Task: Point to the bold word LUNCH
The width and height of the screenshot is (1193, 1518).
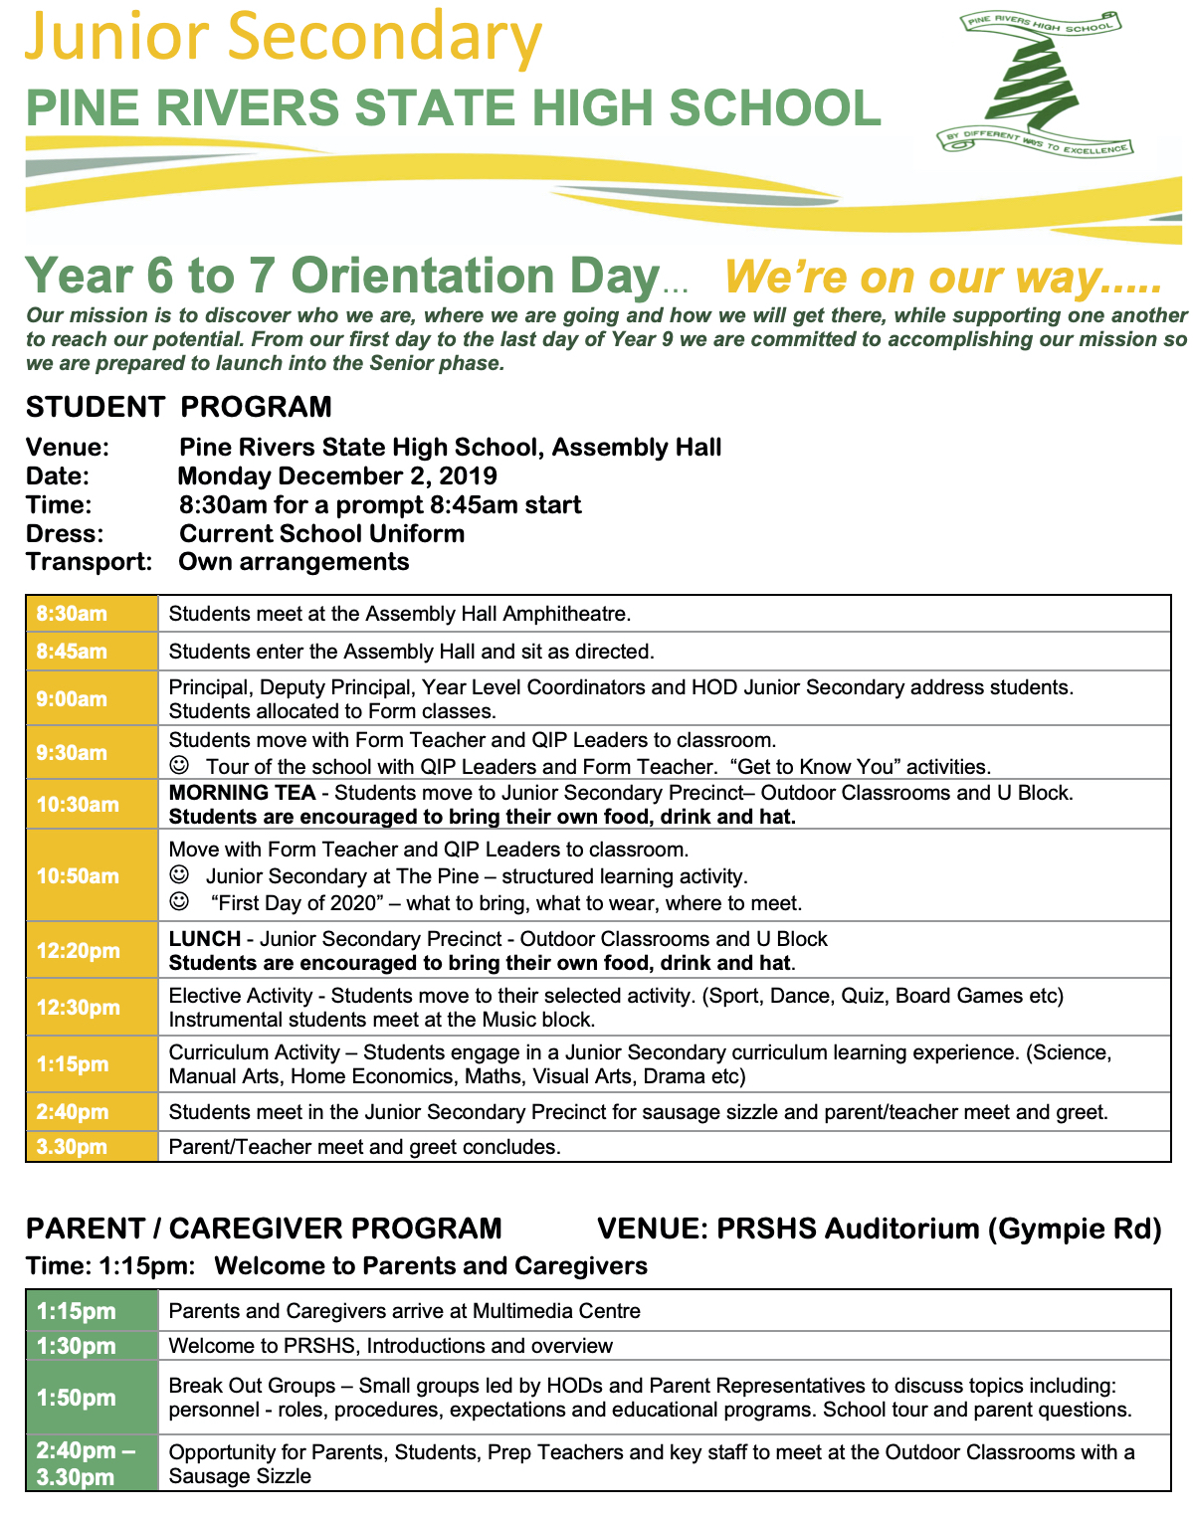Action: coord(204,939)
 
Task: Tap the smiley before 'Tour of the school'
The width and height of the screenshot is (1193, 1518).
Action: coord(179,766)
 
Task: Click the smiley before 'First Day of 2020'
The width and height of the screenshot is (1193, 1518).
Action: coord(179,902)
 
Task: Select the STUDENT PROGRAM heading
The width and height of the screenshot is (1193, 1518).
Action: coord(178,407)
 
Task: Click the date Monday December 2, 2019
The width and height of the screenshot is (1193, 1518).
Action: coord(337,476)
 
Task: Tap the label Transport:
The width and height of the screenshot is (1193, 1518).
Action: coord(89,562)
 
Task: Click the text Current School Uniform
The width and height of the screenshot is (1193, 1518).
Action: coord(321,533)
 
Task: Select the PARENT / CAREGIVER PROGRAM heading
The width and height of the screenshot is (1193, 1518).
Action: coord(264,1229)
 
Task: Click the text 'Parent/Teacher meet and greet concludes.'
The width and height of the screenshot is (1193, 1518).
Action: coord(364,1147)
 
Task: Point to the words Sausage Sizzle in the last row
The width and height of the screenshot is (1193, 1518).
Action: coord(240,1476)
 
